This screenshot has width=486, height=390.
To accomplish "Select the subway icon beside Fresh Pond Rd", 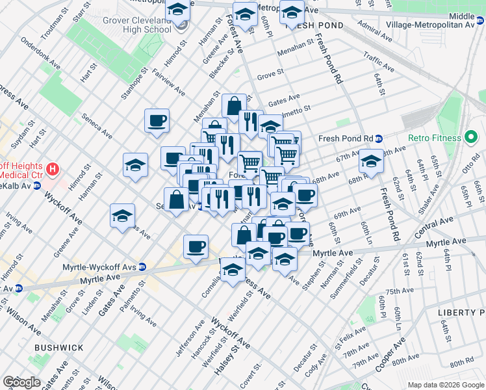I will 378,138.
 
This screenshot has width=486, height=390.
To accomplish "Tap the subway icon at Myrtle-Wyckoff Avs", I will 142,266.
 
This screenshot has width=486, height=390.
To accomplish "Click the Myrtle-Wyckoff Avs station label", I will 100,266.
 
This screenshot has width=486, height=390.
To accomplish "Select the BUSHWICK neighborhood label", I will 59,348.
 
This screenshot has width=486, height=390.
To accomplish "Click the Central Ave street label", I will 437,228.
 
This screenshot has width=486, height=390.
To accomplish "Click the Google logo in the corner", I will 21,382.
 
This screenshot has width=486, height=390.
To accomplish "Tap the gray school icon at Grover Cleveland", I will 181,25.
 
